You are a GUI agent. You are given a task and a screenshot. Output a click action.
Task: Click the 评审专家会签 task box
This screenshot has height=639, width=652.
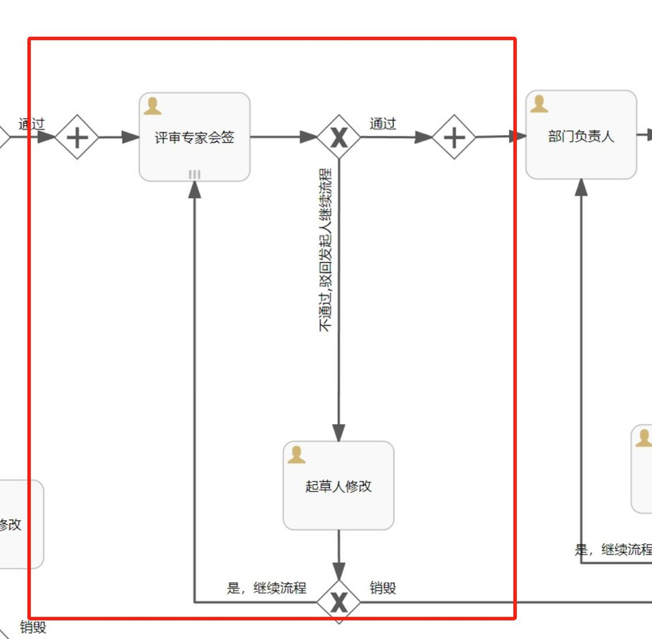tap(194, 137)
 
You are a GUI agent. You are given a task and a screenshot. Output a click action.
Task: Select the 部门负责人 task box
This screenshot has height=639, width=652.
tap(581, 136)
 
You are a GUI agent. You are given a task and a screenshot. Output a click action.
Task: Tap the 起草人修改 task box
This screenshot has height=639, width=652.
tap(338, 486)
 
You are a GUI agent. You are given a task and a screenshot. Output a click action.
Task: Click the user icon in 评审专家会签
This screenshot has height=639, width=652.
tap(153, 107)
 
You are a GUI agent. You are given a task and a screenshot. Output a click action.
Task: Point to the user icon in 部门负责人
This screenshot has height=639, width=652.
tap(539, 105)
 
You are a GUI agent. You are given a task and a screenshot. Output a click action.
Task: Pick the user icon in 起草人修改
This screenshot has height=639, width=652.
tap(296, 454)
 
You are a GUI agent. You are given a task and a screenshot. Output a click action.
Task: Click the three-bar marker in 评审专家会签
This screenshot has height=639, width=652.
tap(194, 174)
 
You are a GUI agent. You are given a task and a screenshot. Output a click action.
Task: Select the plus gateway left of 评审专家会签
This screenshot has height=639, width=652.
tap(77, 137)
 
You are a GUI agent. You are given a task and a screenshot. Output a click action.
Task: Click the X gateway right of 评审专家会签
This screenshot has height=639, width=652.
tap(339, 137)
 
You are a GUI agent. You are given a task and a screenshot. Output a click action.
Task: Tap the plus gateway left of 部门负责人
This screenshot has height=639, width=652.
tap(454, 137)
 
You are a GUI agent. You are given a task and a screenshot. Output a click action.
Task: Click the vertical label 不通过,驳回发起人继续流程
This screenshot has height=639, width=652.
tap(325, 249)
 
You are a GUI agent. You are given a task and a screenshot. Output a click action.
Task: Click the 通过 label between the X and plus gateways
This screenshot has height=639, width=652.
tap(383, 124)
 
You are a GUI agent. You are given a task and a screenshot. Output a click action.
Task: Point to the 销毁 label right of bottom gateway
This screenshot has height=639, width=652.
tap(383, 589)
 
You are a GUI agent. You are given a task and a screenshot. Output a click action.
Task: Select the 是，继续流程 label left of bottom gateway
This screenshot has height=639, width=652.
tap(266, 589)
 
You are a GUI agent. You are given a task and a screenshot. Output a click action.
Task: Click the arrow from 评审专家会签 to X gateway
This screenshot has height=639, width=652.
tap(284, 137)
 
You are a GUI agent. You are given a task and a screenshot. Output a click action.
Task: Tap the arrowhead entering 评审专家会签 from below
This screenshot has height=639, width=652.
tap(194, 189)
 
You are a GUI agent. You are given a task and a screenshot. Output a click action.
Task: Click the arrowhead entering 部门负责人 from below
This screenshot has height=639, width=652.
tap(581, 187)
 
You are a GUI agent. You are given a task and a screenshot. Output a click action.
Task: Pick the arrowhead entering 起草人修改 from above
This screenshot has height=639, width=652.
tap(339, 432)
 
